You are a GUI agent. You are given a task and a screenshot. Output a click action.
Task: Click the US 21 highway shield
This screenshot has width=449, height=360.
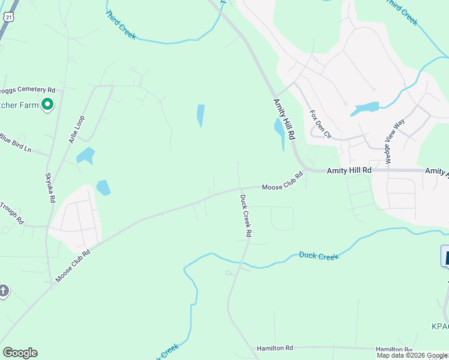click(7, 17)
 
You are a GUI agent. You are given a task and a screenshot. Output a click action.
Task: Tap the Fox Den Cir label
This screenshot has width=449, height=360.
click(319, 124)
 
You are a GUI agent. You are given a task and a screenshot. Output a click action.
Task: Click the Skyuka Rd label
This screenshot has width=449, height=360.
click(50, 188)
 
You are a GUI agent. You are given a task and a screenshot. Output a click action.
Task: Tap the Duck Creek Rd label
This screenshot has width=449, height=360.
click(246, 215)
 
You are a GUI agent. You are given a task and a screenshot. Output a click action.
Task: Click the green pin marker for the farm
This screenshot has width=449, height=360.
click(47, 105)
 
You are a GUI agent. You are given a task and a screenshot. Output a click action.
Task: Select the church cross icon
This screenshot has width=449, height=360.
click(4, 292)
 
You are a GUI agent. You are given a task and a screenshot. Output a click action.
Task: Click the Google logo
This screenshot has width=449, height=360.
click(20, 353)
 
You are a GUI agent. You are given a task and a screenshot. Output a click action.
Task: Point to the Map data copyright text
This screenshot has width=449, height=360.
click(412, 355)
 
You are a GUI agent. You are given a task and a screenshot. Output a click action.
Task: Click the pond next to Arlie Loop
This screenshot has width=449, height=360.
click(86, 155)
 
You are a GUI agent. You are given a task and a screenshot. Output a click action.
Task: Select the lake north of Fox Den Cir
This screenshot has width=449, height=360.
click(366, 109)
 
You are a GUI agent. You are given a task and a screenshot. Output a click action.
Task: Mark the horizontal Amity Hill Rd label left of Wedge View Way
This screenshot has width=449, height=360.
click(349, 171)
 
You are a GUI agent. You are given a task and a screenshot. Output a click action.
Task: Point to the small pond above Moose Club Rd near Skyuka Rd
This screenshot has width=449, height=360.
click(104, 187)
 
